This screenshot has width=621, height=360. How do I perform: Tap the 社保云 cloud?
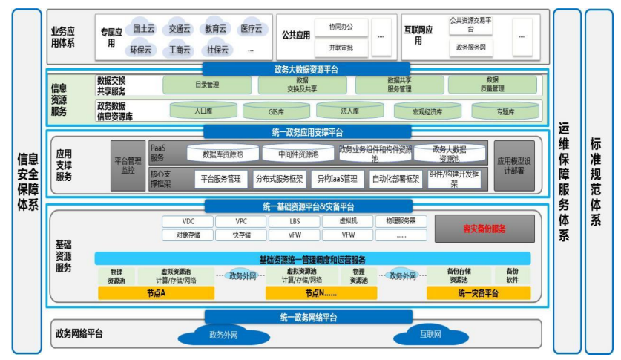pos(217,50)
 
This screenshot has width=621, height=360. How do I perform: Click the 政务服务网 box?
pos(470,48)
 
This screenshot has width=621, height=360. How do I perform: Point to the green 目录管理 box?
pos(207,85)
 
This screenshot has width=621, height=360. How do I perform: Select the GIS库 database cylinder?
pos(276,111)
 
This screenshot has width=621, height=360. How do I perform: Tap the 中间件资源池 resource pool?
pos(298,154)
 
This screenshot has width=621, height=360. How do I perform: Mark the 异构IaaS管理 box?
pos(338,178)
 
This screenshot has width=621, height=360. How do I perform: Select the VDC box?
pos(188,221)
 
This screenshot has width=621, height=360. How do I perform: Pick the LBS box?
pos(295,221)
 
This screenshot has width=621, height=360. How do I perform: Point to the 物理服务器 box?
pos(401,221)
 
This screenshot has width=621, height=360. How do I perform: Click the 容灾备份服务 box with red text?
pos(484,229)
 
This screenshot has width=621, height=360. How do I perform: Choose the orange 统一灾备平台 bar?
pos(477,293)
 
